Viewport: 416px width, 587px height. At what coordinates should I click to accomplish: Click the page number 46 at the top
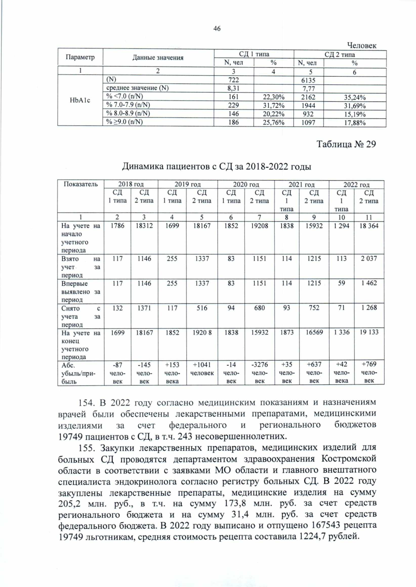point(217,29)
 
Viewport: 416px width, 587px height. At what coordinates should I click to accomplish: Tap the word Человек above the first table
point(361,45)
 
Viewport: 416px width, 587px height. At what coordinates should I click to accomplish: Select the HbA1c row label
point(80,100)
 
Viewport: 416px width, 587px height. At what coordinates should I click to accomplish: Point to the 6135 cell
point(308,80)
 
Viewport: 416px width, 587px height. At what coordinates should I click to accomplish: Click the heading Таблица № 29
point(346,144)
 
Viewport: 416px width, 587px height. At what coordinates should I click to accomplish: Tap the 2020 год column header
point(246,184)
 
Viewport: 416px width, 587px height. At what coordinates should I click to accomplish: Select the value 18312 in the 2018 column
point(144,226)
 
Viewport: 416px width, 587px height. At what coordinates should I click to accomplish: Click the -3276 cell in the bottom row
point(259,364)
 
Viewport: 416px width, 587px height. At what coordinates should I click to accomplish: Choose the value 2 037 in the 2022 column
point(369,258)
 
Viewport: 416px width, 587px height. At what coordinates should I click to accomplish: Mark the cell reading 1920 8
point(202,332)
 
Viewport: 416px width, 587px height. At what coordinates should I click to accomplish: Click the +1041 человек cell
point(202,369)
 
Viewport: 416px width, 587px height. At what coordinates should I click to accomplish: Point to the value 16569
point(314,332)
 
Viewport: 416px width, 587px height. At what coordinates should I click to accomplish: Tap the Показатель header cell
point(80,184)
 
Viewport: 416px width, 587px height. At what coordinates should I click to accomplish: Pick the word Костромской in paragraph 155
point(348,459)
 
